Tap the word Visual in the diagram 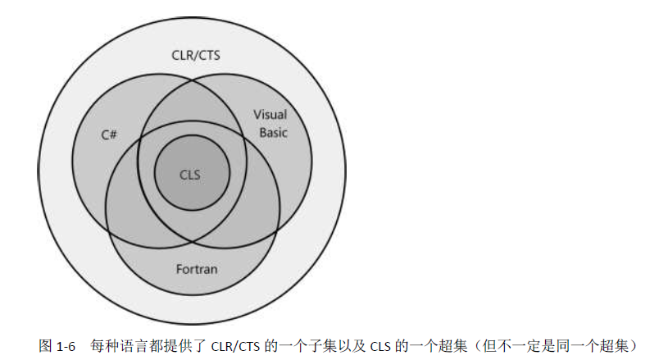click(270, 115)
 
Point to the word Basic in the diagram click(273, 132)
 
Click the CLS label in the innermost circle click(190, 174)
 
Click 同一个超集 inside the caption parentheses click(593, 345)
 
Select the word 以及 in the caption click(349, 345)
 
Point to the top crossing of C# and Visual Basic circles click(192, 80)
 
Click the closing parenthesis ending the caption click(633, 345)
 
